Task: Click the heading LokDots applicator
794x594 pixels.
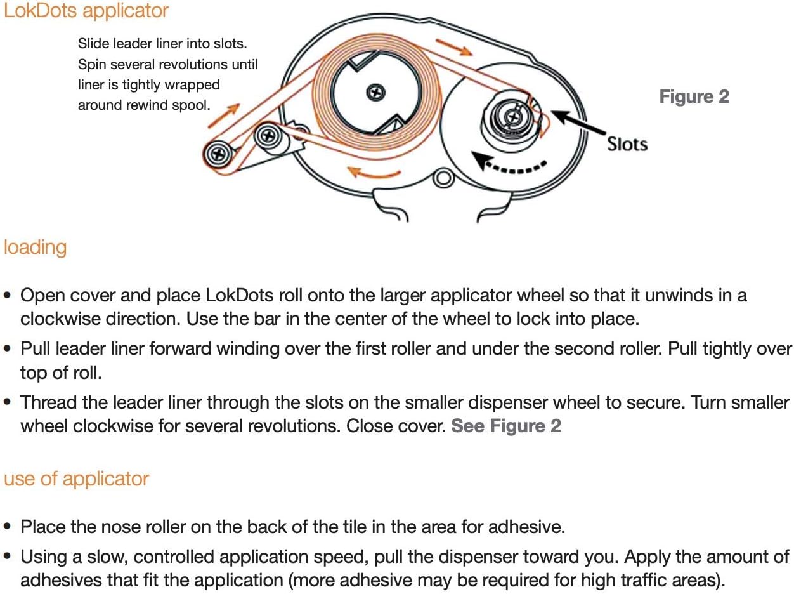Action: tap(86, 11)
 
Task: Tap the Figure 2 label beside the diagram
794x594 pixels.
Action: tap(694, 96)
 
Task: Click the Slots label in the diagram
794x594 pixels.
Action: tap(627, 144)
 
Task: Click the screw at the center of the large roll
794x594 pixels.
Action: tap(375, 92)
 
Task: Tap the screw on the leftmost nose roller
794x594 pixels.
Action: tap(218, 154)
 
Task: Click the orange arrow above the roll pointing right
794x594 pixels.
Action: tap(454, 48)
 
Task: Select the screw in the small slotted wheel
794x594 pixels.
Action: tap(513, 117)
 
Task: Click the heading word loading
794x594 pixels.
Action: tap(35, 248)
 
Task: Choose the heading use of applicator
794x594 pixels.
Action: tap(76, 479)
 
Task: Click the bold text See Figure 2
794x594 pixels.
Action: tap(506, 426)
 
